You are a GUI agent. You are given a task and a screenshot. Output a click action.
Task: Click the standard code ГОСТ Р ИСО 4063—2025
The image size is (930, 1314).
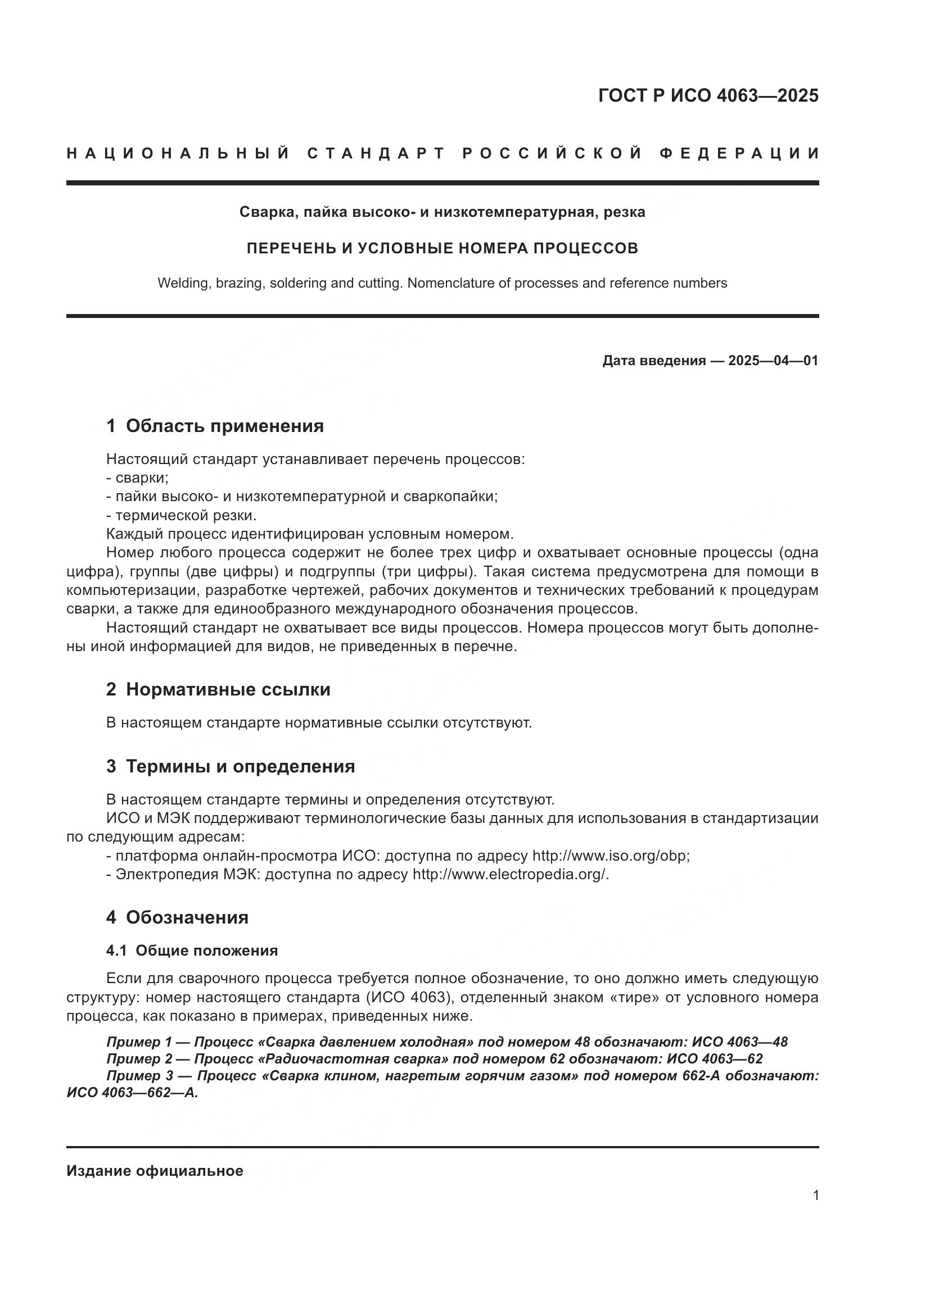pos(708,96)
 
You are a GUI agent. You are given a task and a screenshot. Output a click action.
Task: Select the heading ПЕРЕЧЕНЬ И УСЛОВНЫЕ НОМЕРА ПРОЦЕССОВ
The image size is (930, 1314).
pos(442,248)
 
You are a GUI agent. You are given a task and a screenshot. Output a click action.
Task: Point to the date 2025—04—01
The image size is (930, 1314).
pos(773,361)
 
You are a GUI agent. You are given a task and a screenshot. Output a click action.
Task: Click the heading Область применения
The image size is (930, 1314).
pos(224,426)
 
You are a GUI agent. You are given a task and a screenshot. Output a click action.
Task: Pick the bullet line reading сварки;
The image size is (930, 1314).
pos(137,478)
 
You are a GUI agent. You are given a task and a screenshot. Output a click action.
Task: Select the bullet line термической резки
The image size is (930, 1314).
pos(182,515)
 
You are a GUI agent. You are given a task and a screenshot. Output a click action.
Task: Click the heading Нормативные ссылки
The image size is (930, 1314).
pos(228,690)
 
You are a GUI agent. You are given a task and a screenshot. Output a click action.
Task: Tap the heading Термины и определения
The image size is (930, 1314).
pos(240,766)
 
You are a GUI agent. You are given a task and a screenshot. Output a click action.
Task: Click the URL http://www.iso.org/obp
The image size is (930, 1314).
pos(611,856)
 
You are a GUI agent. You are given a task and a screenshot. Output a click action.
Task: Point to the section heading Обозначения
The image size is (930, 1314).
pos(187,917)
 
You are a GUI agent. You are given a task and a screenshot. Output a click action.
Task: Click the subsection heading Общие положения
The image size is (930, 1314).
pos(206,951)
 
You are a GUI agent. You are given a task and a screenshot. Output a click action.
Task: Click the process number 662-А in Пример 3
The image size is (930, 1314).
pos(701,1076)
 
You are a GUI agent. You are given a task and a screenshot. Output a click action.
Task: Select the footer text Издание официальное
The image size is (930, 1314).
pos(155,1171)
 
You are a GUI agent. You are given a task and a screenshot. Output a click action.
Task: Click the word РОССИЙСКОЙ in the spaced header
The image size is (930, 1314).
pos(552,153)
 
